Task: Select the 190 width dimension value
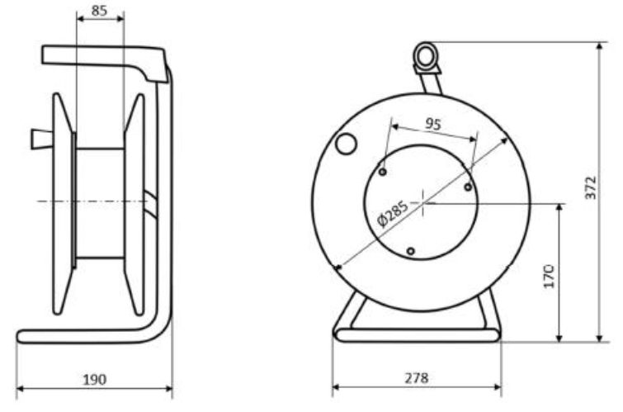tap(95, 379)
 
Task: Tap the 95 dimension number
tap(433, 124)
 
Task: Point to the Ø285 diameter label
tap(392, 212)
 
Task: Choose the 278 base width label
tap(417, 378)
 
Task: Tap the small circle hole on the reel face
tap(346, 144)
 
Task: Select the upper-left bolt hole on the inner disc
tap(383, 172)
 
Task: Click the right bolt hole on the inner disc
tap(468, 187)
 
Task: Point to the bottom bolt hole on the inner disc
tap(410, 250)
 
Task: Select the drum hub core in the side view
tap(99, 202)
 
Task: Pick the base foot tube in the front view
tap(417, 334)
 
